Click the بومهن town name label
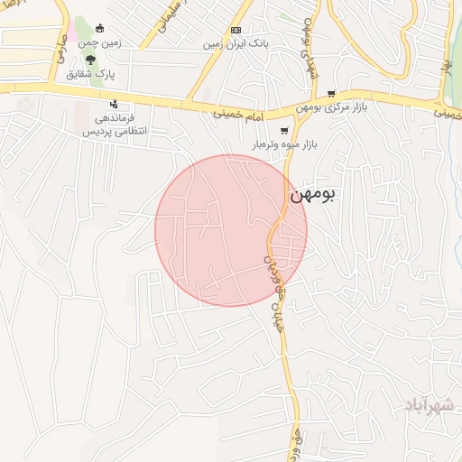311,194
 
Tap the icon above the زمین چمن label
99,28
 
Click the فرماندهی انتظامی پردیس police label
115,125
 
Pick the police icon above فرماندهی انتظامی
113,104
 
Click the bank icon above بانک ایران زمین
236,30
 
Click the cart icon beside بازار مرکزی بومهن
332,93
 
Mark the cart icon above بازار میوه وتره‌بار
298,130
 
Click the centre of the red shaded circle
231,230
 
